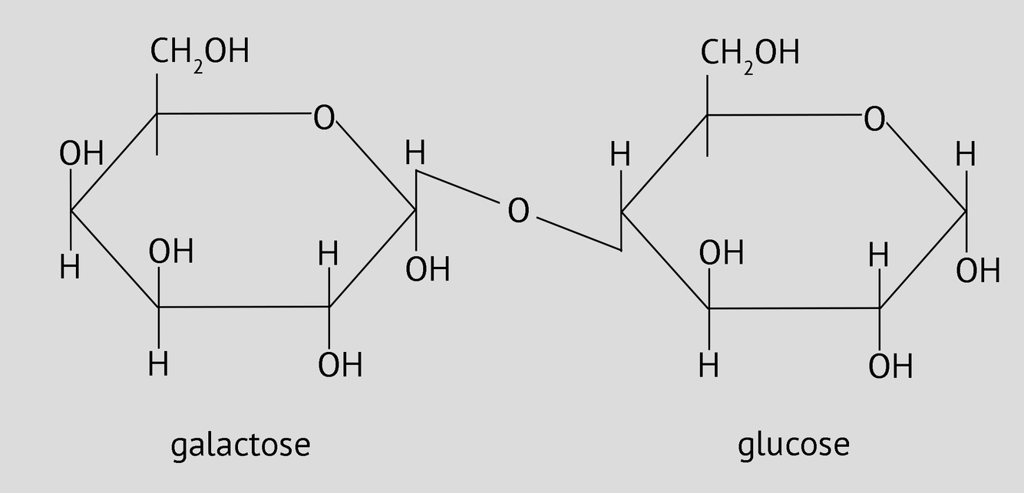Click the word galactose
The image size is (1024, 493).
240,445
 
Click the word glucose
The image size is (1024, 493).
794,445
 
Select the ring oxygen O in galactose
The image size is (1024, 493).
324,118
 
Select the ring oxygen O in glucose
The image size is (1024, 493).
874,120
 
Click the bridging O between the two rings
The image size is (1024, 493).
518,211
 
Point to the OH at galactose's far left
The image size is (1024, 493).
81,154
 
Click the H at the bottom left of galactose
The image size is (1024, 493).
70,268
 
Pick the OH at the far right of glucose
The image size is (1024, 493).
978,271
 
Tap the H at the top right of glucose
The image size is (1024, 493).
966,156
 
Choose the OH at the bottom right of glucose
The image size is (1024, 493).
890,366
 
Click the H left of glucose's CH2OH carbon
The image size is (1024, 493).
620,156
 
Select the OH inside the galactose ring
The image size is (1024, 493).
171,251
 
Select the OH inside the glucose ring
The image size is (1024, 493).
722,252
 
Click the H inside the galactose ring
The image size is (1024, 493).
329,255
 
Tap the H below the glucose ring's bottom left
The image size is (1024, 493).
709,366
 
